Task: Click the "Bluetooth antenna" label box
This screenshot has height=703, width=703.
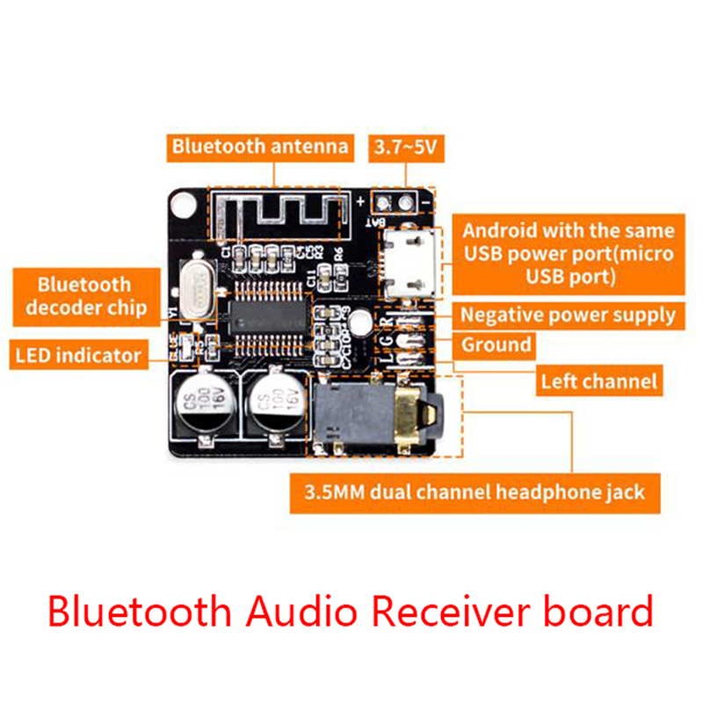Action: pos(259,146)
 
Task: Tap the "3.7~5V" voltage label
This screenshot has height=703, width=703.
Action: pos(405,147)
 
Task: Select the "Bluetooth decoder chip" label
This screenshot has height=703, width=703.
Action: pos(84,296)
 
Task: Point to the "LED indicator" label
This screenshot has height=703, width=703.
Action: pos(78,355)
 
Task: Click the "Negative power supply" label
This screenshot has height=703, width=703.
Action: pos(568,314)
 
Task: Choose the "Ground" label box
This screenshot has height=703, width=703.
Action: pos(496,344)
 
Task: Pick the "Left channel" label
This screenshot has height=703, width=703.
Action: pos(598,380)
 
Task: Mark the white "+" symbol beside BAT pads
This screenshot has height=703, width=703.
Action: pos(362,201)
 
